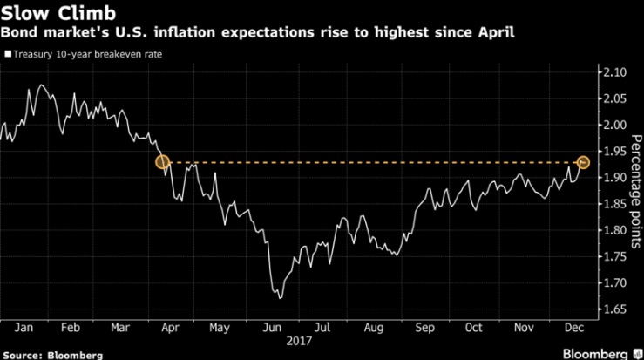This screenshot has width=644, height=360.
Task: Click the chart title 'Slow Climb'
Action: tap(49, 14)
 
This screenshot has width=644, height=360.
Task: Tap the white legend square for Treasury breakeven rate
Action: tap(8, 54)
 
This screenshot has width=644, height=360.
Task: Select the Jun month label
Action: tap(273, 328)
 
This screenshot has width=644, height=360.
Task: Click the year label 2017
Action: tap(300, 343)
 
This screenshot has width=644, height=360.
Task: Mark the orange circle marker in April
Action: tap(161, 162)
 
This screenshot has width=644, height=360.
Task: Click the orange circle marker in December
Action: tap(583, 162)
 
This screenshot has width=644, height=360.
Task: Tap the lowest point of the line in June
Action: tap(279, 298)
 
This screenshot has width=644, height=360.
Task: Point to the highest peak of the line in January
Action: tap(41, 85)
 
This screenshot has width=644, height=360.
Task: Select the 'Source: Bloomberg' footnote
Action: tap(52, 353)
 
